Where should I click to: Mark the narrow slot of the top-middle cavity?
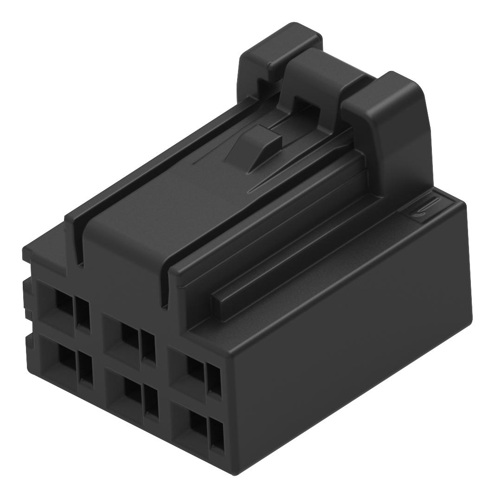click(x=148, y=345)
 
